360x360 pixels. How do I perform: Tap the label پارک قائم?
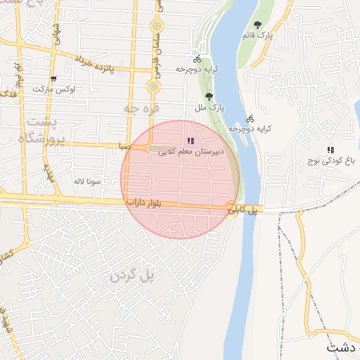(x=259, y=34)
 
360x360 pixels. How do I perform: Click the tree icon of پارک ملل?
(x=208, y=97)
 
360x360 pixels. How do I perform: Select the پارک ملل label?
(x=208, y=108)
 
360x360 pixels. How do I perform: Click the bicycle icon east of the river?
(x=250, y=119)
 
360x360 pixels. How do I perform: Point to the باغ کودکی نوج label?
(x=330, y=161)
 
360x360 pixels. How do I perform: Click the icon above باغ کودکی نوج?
(x=330, y=150)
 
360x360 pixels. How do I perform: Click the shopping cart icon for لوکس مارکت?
(x=53, y=79)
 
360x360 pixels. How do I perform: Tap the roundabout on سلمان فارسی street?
(x=153, y=86)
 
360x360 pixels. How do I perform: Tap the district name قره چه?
(x=141, y=108)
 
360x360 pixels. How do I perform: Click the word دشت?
(x=345, y=348)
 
